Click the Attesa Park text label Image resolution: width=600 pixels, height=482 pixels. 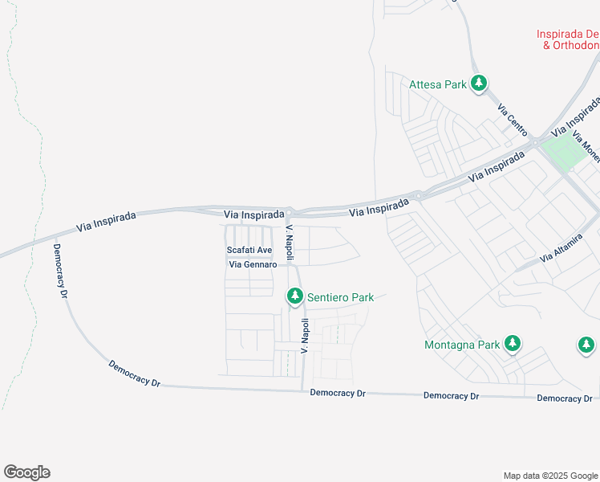click(x=438, y=84)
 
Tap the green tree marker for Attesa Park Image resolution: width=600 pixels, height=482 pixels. click(x=479, y=83)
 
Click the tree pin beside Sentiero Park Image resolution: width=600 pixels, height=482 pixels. click(x=295, y=297)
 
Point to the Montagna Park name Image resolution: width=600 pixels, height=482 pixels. click(x=461, y=345)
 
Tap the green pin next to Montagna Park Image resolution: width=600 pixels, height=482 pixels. click(x=513, y=344)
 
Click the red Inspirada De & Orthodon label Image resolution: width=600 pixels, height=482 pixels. click(x=568, y=39)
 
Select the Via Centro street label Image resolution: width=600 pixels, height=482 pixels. click(x=511, y=118)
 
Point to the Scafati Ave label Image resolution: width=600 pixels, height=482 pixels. click(x=249, y=251)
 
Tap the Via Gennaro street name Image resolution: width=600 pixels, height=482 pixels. click(x=253, y=264)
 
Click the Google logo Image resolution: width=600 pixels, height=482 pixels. click(x=26, y=472)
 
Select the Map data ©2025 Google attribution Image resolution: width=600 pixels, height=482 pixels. click(x=550, y=476)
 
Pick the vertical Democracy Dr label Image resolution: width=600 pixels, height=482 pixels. click(x=60, y=271)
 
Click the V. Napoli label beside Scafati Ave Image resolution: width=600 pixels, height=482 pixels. click(x=290, y=243)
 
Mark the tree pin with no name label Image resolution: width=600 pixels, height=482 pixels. click(x=586, y=345)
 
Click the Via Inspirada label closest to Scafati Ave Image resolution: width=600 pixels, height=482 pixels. click(x=253, y=215)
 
